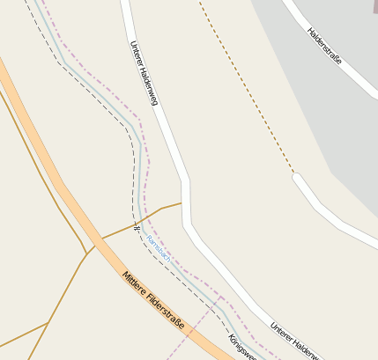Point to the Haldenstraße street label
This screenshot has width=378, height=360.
click(x=324, y=47)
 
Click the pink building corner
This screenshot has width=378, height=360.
click(x=374, y=4)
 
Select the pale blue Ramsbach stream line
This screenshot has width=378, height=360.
click(x=139, y=167)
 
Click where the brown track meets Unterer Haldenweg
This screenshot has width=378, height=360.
click(x=182, y=203)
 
